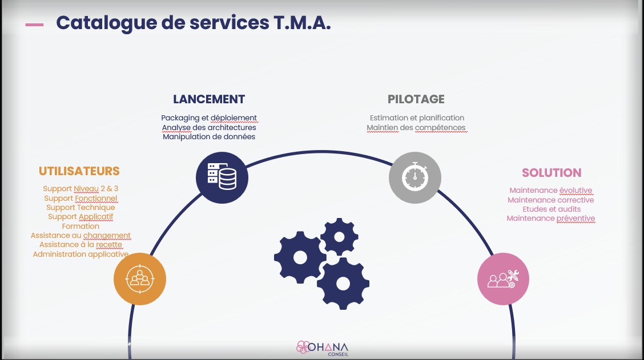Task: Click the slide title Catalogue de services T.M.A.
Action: click(x=193, y=23)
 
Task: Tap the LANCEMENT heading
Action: click(x=209, y=99)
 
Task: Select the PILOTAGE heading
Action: click(x=416, y=99)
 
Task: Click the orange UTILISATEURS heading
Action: click(x=79, y=171)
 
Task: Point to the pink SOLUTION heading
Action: click(x=552, y=173)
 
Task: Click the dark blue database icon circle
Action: click(x=222, y=177)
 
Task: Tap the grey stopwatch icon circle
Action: click(x=415, y=177)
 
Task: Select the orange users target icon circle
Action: click(x=140, y=278)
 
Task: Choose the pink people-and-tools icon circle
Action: click(x=503, y=278)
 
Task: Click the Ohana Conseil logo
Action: click(x=323, y=348)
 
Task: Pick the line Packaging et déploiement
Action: click(x=209, y=118)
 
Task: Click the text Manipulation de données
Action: click(x=209, y=137)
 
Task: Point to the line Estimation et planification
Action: click(x=417, y=118)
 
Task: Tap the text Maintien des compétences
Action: click(x=416, y=128)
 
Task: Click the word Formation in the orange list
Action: click(x=80, y=226)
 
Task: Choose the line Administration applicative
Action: click(x=80, y=254)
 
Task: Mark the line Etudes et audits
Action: click(x=551, y=209)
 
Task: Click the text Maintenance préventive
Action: click(x=551, y=219)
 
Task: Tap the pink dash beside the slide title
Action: click(x=35, y=25)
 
